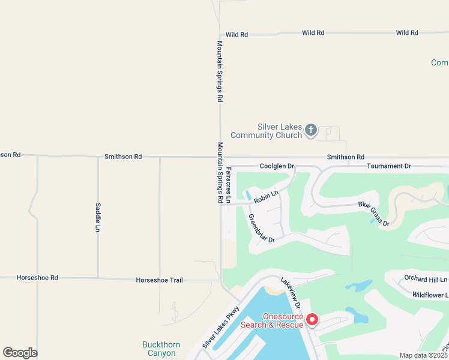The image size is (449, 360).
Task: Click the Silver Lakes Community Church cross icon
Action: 310,130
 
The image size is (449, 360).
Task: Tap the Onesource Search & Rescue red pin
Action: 312,319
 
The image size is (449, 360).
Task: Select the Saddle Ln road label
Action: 98,217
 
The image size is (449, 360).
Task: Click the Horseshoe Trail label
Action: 159,280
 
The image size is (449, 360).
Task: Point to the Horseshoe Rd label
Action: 37,278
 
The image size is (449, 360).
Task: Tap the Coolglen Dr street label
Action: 277,166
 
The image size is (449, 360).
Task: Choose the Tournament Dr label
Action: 388,166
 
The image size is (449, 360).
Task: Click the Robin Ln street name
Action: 266,196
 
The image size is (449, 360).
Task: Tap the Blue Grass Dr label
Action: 374,213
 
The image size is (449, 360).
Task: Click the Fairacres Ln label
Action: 228,184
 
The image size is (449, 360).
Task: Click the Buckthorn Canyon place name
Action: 159,349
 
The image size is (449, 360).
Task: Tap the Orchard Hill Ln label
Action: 426,279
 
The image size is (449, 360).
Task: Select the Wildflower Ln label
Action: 430,295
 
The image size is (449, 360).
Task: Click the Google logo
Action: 20,353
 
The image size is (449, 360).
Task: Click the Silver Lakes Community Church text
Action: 279,131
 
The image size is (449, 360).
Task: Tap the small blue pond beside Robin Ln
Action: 248,195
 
